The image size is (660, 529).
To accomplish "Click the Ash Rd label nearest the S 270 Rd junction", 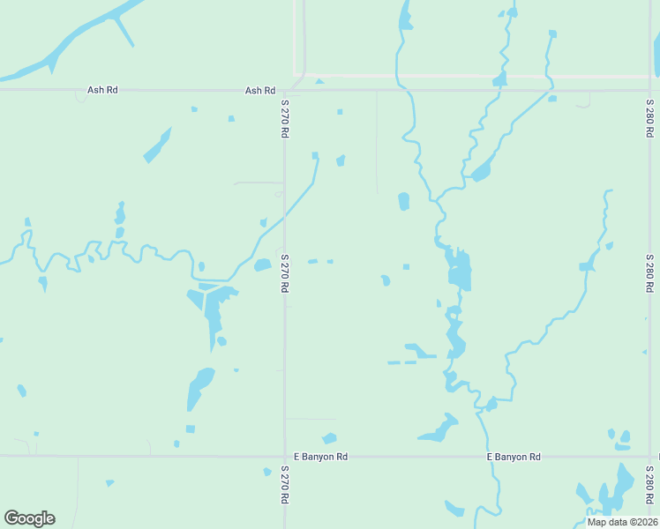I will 260,91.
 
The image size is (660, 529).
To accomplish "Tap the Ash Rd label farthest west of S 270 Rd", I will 102,90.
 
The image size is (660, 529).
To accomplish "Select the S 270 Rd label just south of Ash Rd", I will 285,118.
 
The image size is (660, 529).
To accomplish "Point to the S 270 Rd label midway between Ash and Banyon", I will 285,274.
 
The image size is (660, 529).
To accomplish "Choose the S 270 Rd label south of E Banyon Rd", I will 285,485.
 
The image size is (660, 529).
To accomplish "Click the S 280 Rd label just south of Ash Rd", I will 649,118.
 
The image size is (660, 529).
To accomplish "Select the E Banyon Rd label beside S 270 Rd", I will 320,457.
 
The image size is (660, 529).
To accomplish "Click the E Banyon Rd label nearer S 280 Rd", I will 513,457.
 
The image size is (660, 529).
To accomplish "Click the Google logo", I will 29,518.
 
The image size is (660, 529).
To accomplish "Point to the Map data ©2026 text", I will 622,522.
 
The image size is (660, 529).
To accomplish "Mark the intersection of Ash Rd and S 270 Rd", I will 284,90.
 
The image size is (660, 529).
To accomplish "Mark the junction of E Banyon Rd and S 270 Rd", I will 284,457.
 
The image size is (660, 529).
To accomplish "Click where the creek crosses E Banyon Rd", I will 487,457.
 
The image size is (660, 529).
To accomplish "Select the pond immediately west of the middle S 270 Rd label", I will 262,264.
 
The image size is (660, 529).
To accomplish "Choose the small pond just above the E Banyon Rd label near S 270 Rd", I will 329,438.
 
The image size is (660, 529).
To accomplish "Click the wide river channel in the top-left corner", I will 79,40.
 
